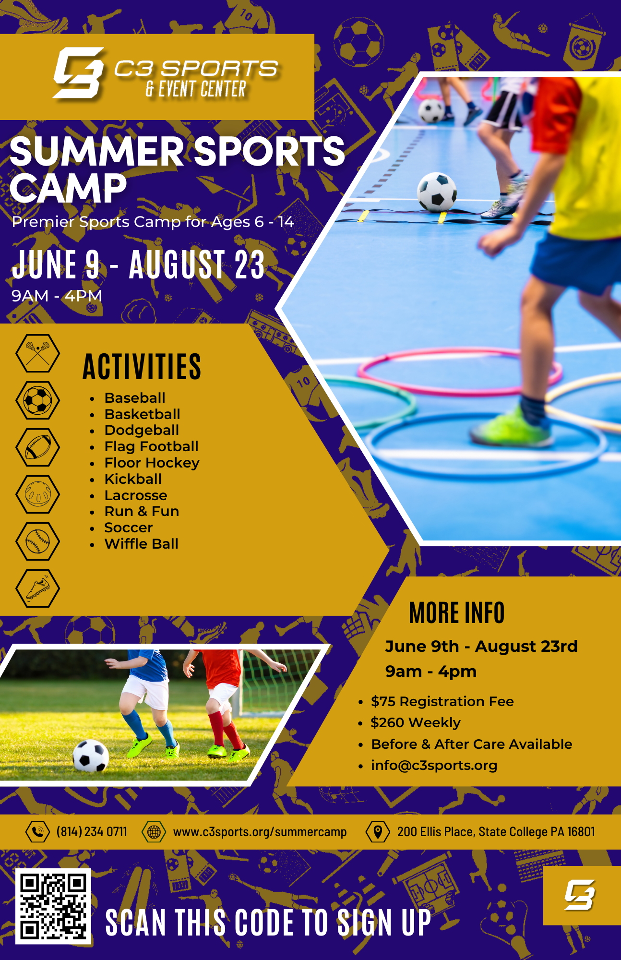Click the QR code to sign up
(53, 906)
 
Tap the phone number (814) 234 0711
(92, 832)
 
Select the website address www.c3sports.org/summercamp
(260, 832)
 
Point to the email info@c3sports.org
(434, 765)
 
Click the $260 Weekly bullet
(415, 722)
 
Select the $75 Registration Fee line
(442, 701)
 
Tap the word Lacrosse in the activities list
(136, 495)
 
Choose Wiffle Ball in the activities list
(142, 544)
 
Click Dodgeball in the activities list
(142, 430)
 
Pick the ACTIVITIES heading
(142, 367)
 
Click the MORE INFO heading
(456, 613)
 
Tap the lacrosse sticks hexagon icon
(38, 353)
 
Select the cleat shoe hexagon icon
(38, 588)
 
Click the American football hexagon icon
(38, 447)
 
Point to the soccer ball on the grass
(91, 756)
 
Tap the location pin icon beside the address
(378, 832)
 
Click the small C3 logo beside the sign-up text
(580, 895)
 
